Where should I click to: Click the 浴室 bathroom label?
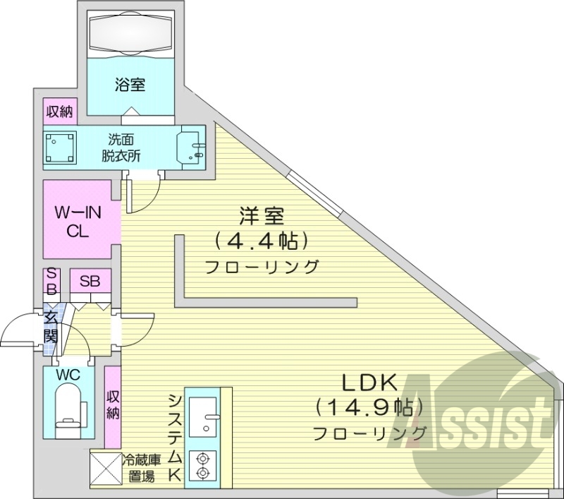coord(130,85)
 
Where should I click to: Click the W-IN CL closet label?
coord(78,221)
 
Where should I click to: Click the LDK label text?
coord(370,383)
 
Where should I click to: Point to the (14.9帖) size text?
coord(369,407)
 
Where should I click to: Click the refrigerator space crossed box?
coord(105,468)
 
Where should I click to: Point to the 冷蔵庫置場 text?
coord(142,468)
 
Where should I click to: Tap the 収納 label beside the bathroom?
coord(59,111)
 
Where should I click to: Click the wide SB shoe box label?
coord(90,281)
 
